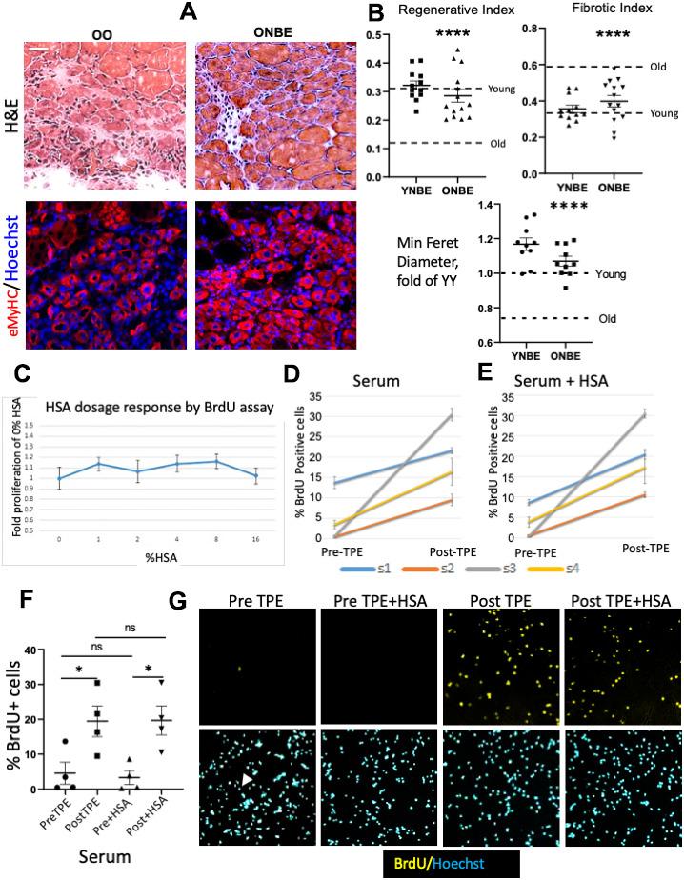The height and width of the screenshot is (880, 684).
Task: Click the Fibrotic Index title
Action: [598, 13]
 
